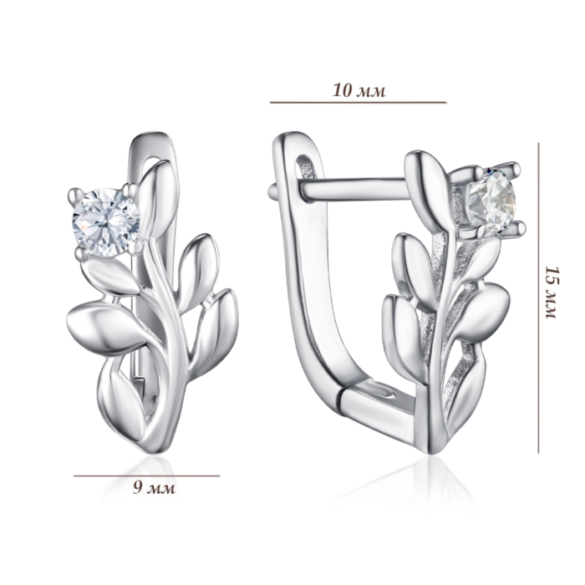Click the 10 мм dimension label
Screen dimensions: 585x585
pos(359,90)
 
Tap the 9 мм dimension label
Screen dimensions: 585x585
pos(154,487)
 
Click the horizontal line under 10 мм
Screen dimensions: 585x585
pos(359,102)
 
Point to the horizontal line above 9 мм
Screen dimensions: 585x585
pos(146,476)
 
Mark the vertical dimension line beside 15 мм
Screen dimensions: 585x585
pos(538,298)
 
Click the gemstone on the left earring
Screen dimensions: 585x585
pos(106,223)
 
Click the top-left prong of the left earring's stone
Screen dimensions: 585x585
pos(76,194)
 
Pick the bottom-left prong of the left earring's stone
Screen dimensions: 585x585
pos(81,254)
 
